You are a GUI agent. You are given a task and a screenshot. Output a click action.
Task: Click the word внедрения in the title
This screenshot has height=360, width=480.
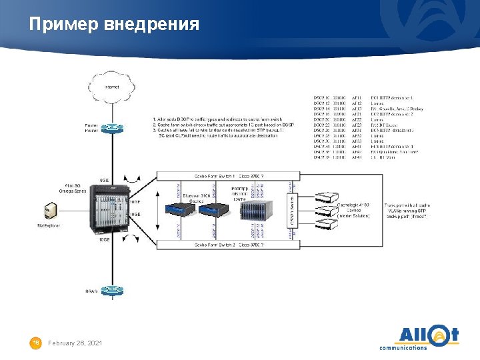click(152, 25)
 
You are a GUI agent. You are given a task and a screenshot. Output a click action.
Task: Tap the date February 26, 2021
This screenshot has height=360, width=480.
click(75, 343)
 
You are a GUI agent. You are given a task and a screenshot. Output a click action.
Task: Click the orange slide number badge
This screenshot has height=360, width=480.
click(36, 343)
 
